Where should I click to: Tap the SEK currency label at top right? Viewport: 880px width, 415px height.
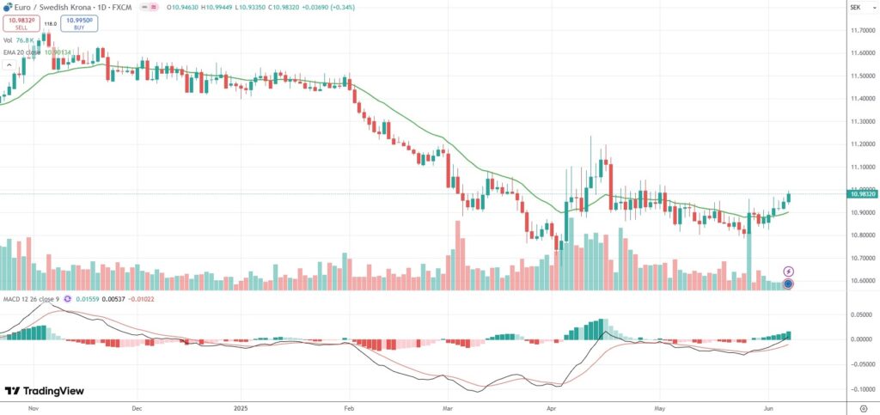coord(855,7)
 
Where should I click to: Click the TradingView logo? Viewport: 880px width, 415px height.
coord(45,391)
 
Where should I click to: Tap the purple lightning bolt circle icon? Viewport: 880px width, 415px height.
coord(788,272)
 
